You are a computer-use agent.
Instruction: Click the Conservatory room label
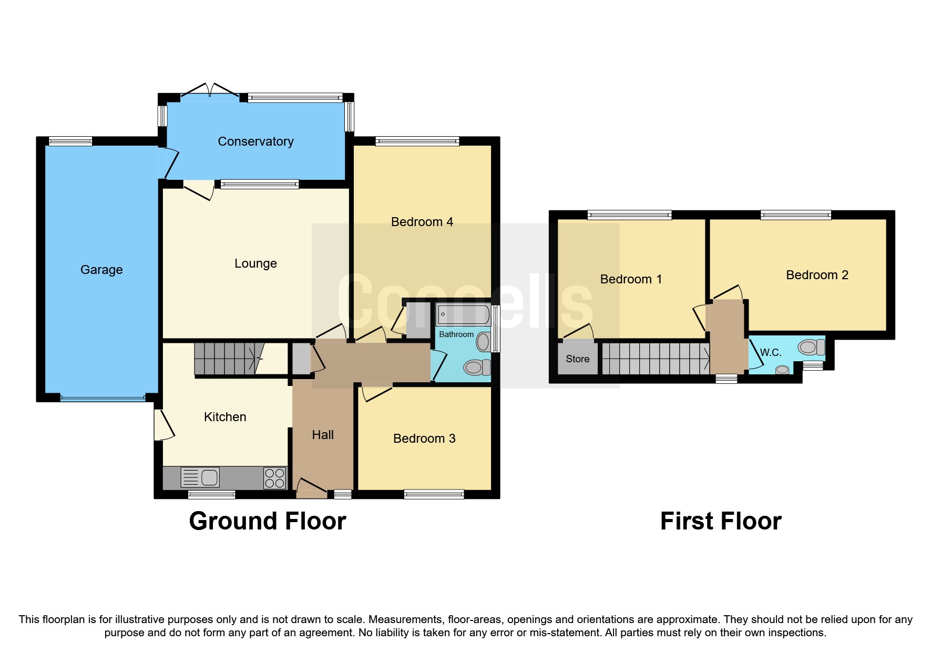click(255, 141)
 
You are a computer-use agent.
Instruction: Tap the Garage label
click(101, 270)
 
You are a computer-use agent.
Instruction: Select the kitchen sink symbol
click(200, 477)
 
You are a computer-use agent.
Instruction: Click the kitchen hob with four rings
click(274, 478)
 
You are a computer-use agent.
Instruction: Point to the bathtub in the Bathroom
click(463, 315)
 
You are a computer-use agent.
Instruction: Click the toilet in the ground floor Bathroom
click(476, 367)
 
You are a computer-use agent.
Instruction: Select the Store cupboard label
click(577, 359)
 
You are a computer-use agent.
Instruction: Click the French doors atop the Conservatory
click(210, 90)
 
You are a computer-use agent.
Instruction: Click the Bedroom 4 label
click(422, 222)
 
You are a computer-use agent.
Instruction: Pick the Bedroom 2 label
click(817, 275)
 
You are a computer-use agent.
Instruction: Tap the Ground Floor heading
click(267, 521)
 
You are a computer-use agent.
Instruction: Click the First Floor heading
click(720, 521)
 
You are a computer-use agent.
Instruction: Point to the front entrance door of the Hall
click(311, 490)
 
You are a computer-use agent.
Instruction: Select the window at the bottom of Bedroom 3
click(434, 494)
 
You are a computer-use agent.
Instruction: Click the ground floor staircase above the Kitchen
click(226, 358)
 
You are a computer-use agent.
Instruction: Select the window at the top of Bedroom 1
click(629, 215)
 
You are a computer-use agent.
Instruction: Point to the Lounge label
click(255, 263)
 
